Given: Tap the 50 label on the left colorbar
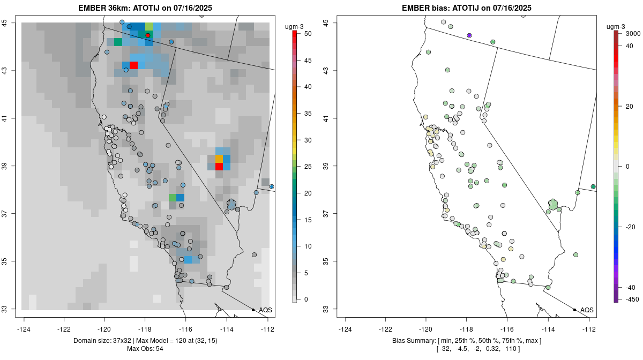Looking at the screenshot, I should (x=308, y=33).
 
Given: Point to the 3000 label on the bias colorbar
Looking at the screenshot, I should (x=633, y=33).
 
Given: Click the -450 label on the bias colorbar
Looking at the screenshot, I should (x=631, y=299).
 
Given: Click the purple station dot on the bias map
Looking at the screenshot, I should (x=469, y=35).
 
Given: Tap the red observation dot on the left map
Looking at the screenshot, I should (x=148, y=35).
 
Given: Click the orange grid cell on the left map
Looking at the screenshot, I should (x=219, y=159).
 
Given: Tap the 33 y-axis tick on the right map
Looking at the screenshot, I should (x=326, y=309).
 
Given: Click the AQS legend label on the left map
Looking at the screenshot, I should (x=265, y=310).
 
